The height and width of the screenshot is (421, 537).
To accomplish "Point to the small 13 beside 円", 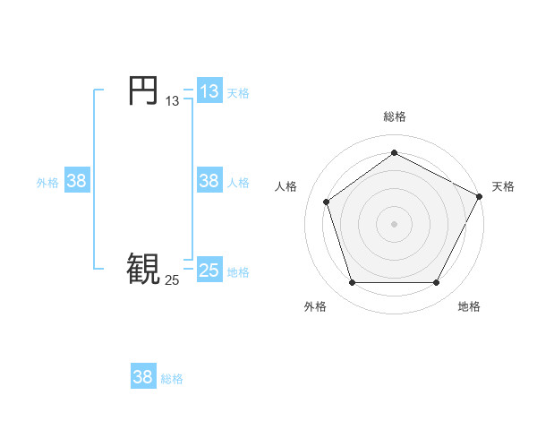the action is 173,101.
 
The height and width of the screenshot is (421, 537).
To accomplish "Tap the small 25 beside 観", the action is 173,280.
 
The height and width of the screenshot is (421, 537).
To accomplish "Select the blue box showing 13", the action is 209,90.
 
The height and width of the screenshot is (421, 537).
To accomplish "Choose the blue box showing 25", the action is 209,270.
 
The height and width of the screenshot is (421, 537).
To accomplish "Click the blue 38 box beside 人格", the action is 209,180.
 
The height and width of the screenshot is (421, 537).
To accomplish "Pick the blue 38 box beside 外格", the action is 77,180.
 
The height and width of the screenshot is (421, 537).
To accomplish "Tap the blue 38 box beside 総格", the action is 143,377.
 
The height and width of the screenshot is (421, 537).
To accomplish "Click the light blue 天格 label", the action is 238,92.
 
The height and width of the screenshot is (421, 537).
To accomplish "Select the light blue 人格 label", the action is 238,182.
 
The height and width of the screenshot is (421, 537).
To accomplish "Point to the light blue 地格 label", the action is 238,271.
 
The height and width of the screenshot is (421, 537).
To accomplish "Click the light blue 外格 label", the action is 47,182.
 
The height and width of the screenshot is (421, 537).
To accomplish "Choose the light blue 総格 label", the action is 172,379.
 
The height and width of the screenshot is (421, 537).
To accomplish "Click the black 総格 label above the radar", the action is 395,116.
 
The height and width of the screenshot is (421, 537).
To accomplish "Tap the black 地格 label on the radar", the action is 469,306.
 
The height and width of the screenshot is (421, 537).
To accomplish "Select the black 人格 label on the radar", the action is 286,186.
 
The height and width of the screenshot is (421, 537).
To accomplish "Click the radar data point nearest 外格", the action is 352,283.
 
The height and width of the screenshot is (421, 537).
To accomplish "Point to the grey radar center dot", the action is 395,223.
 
